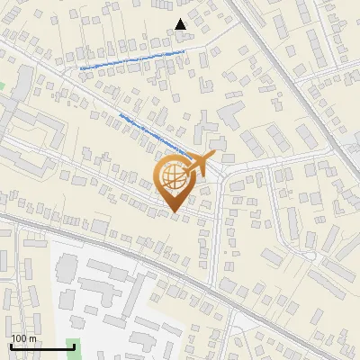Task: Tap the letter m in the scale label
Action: click(x=33, y=339)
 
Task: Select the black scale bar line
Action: click(x=41, y=346)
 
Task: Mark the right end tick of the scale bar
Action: click(x=74, y=345)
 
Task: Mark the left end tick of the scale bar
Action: click(x=10, y=345)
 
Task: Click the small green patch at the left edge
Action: click(x=2, y=86)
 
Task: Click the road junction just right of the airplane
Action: click(x=225, y=171)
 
